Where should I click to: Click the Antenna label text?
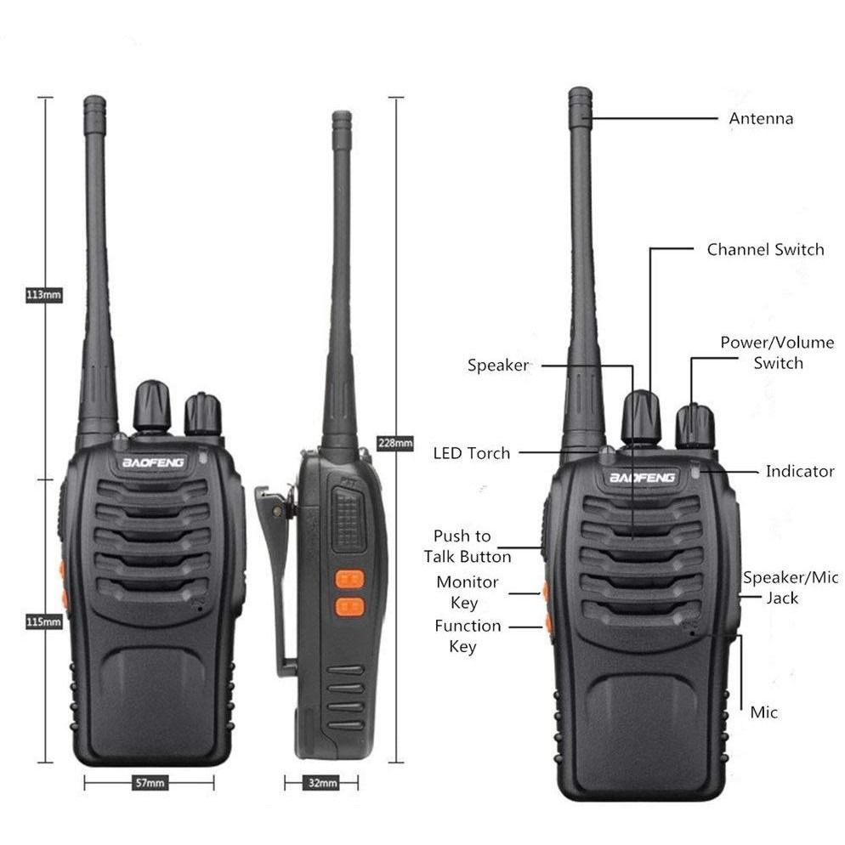point(761,118)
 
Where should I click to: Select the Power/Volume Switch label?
point(777,353)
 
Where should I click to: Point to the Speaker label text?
point(497,366)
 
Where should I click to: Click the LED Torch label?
point(472,453)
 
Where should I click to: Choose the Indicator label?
point(799,471)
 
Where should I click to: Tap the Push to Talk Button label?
point(468,547)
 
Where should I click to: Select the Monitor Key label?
point(467,593)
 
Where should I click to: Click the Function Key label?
point(467,636)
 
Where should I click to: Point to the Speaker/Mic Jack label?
point(790,587)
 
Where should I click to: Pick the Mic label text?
point(763,712)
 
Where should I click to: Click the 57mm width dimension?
point(149,782)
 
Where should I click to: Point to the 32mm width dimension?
point(321,782)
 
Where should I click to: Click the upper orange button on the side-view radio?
point(349,579)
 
